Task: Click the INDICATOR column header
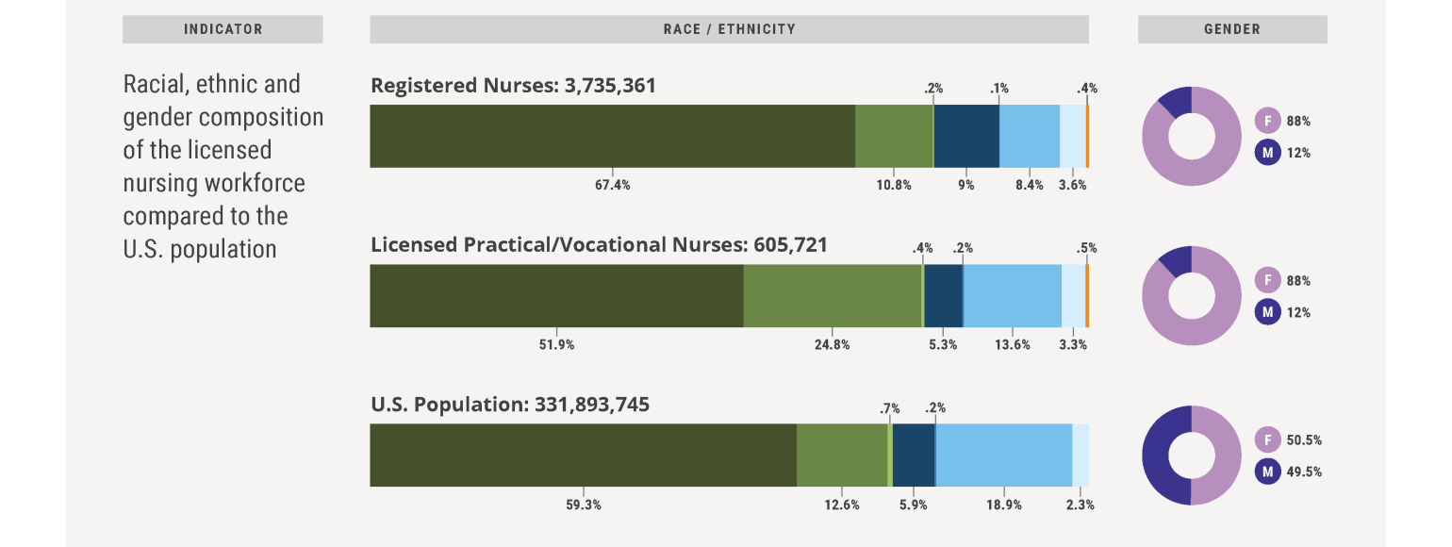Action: [223, 29]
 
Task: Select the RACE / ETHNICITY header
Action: [729, 29]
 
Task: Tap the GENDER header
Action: [1232, 29]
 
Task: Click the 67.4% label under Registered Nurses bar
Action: [612, 185]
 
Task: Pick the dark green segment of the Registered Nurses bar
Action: [612, 136]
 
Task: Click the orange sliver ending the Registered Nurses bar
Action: [1087, 136]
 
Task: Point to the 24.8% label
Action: [833, 344]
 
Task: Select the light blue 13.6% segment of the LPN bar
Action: [1012, 295]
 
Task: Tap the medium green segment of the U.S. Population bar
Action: [842, 455]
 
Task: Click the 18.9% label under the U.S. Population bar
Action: [1003, 505]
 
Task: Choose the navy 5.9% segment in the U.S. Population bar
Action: [913, 455]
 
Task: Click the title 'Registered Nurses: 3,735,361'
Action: [513, 86]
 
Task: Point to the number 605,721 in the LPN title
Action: [790, 245]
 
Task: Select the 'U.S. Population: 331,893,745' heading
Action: [510, 405]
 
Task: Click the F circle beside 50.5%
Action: [1267, 439]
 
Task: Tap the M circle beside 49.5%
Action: [1267, 471]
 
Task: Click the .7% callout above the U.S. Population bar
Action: [889, 408]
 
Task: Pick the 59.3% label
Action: [583, 505]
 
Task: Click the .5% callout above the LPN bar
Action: [1086, 248]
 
